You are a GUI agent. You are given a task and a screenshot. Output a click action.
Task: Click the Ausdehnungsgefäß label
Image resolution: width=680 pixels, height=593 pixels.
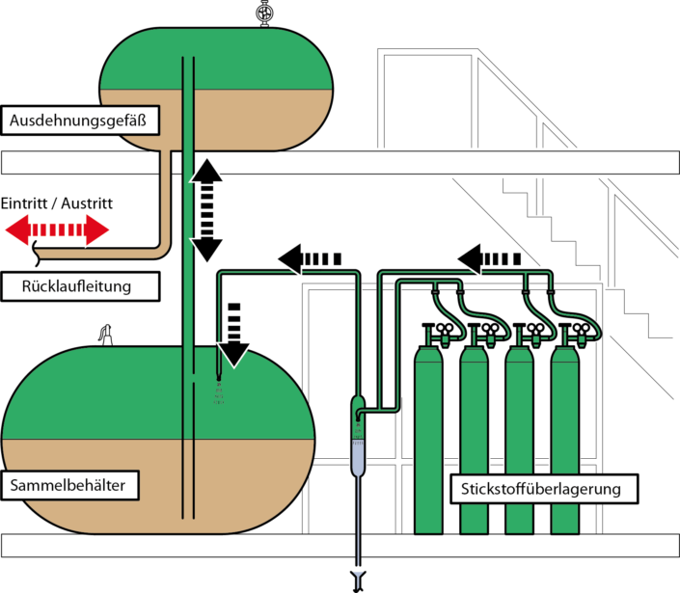(x=82, y=121)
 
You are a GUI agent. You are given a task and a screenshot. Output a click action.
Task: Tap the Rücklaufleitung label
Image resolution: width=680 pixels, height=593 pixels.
(x=76, y=286)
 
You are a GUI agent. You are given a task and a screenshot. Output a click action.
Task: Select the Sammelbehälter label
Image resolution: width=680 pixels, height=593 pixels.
(x=69, y=485)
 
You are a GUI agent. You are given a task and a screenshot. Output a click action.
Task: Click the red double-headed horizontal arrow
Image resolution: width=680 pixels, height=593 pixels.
(x=57, y=230)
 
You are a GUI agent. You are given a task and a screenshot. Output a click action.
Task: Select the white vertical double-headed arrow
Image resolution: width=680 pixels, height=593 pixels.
(x=206, y=209)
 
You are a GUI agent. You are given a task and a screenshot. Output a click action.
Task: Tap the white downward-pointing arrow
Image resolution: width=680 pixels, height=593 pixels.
(x=233, y=334)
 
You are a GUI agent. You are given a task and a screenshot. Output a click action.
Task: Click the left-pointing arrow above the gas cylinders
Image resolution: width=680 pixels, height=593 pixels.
(x=489, y=258)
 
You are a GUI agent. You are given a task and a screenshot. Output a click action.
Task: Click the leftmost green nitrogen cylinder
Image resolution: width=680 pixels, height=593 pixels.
(x=428, y=444)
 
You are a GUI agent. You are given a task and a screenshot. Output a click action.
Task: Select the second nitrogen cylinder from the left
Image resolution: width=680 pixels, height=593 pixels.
(x=474, y=444)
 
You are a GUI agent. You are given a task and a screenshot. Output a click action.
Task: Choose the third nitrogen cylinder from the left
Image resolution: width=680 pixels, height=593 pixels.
(x=519, y=444)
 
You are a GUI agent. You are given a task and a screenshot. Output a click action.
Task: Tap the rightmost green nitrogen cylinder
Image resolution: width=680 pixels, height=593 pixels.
(x=564, y=444)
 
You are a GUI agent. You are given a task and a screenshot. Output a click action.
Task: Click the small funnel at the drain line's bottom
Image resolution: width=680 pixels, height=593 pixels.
(x=359, y=579)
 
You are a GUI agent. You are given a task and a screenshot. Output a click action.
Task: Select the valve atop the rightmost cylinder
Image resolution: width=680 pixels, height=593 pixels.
(x=564, y=339)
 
